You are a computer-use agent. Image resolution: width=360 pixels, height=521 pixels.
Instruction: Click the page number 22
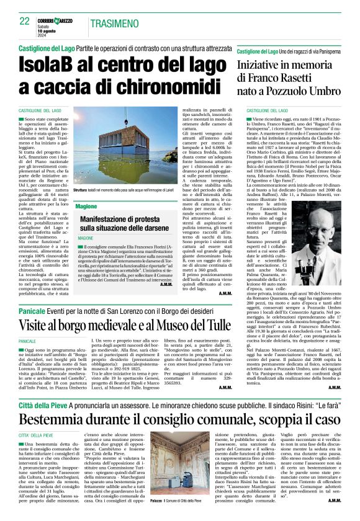click(25, 20)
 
